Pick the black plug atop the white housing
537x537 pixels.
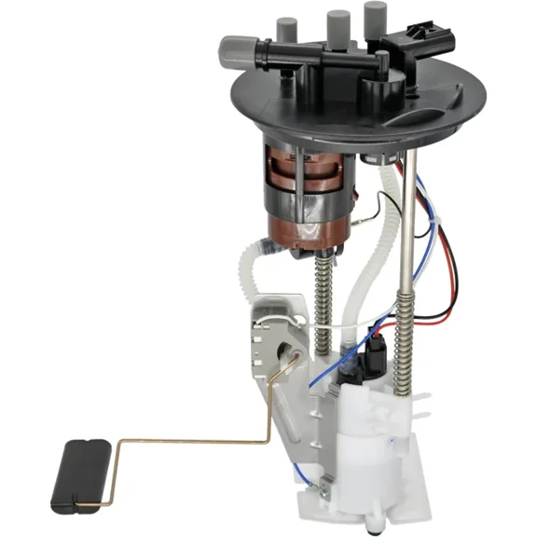click(376, 352)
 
